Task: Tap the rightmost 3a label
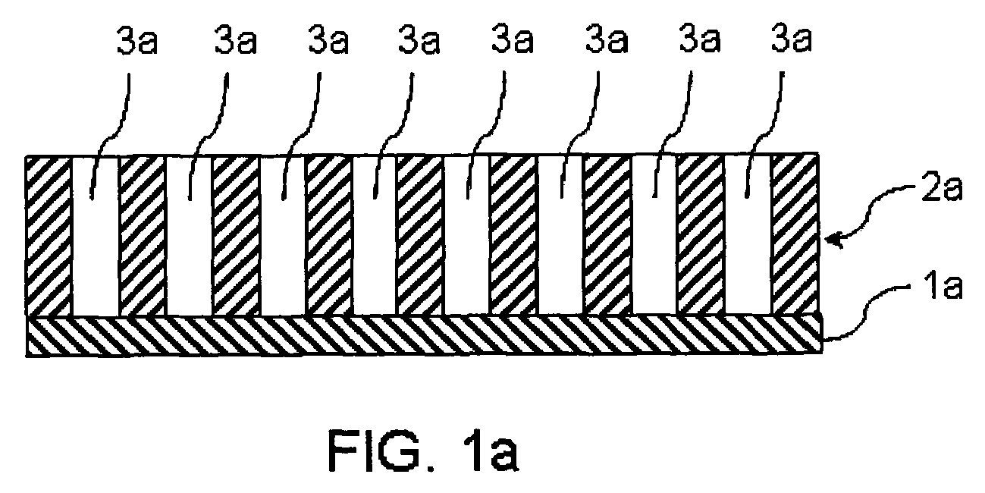coord(791,39)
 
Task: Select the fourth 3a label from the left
coord(418,40)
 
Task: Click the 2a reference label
coord(942,188)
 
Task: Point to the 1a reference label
coord(943,286)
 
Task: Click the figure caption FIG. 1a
coord(423,451)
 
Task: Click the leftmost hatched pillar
coord(49,236)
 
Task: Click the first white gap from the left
coord(96,236)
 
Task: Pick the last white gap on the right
coord(748,234)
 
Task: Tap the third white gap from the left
coord(282,236)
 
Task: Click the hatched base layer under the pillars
coord(424,334)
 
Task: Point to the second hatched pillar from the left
coord(142,236)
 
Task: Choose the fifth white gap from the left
coord(466,235)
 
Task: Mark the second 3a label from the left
coord(235,40)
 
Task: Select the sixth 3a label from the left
coord(607,40)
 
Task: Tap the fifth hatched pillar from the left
coord(419,236)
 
